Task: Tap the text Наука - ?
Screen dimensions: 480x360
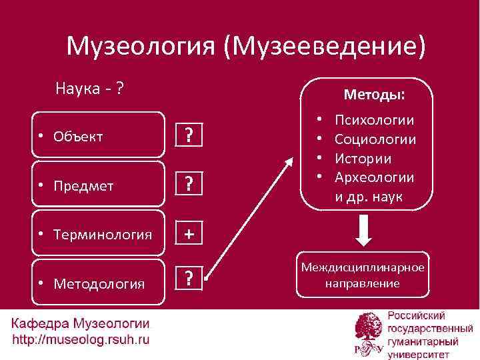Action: (92, 88)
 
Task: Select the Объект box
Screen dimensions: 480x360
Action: (98, 137)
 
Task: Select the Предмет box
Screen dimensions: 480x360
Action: (98, 185)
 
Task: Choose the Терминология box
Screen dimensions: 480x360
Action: (98, 234)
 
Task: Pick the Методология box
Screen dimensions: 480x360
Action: (98, 283)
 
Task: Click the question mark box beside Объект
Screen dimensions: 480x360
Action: (189, 137)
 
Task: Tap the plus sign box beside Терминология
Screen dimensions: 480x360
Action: (189, 234)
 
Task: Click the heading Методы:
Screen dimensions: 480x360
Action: (373, 95)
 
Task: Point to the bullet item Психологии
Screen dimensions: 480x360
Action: (374, 121)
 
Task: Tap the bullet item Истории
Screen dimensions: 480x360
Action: (363, 159)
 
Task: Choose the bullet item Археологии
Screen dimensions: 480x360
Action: (374, 177)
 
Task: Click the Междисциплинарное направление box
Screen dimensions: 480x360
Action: (363, 275)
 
